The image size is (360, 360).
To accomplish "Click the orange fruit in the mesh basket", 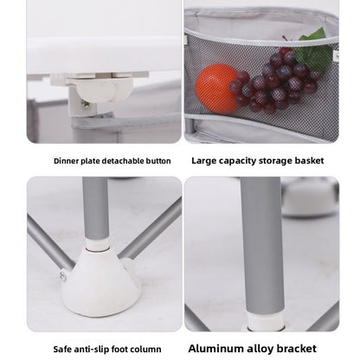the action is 215,87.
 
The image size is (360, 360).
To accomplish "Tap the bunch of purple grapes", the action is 274,81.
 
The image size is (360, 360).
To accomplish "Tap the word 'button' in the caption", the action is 158,161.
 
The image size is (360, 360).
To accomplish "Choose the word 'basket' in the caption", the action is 309,161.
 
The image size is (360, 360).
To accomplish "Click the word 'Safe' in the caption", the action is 62,350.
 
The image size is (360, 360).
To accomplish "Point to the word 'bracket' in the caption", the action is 297,349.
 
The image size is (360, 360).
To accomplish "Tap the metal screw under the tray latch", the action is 85,105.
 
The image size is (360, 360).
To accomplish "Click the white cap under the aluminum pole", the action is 266,322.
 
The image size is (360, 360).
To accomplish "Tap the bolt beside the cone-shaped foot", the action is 63,276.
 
